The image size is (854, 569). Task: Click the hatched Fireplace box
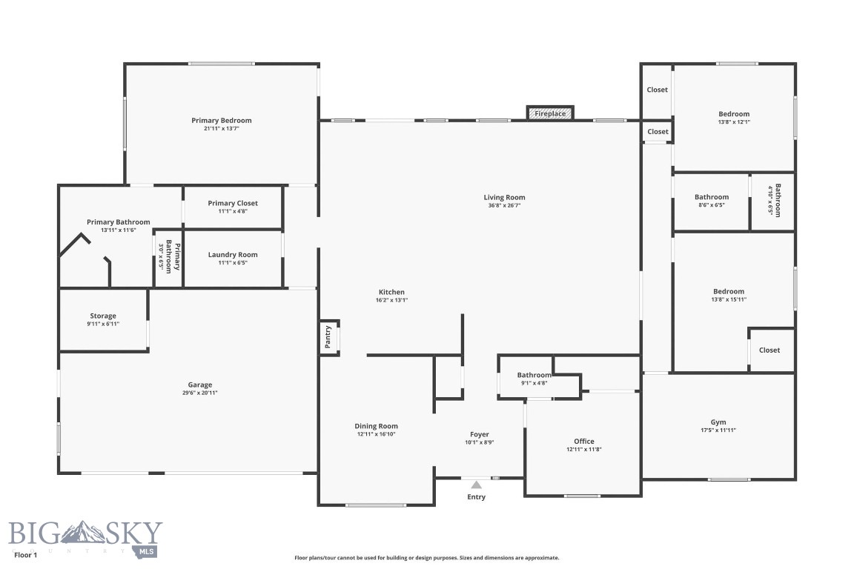[x=550, y=113]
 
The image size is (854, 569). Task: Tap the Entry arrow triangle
[x=477, y=485]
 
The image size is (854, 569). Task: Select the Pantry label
[x=328, y=337]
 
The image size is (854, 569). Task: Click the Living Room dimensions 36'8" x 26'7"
[x=504, y=206]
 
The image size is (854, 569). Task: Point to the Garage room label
[x=200, y=385]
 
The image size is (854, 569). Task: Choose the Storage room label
[x=103, y=316]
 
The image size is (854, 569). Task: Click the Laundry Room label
[x=233, y=254]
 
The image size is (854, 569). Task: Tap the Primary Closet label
[x=233, y=203]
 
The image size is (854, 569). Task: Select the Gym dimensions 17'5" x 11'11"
[x=718, y=430]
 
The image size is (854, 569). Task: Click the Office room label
[x=584, y=441]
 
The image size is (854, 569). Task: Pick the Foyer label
[x=480, y=434]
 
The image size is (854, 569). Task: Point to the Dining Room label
[x=377, y=426]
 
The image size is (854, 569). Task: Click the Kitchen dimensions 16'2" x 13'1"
[x=391, y=300]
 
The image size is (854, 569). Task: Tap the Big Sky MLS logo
[x=85, y=537]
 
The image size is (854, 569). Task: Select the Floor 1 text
[x=26, y=555]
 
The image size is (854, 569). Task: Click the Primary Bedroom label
[x=221, y=120]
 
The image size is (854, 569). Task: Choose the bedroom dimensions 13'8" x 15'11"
[x=729, y=299]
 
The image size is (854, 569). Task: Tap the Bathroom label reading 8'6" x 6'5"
[x=712, y=197]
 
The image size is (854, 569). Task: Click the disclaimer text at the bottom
[x=426, y=558]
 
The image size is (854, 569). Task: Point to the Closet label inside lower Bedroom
[x=769, y=350]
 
